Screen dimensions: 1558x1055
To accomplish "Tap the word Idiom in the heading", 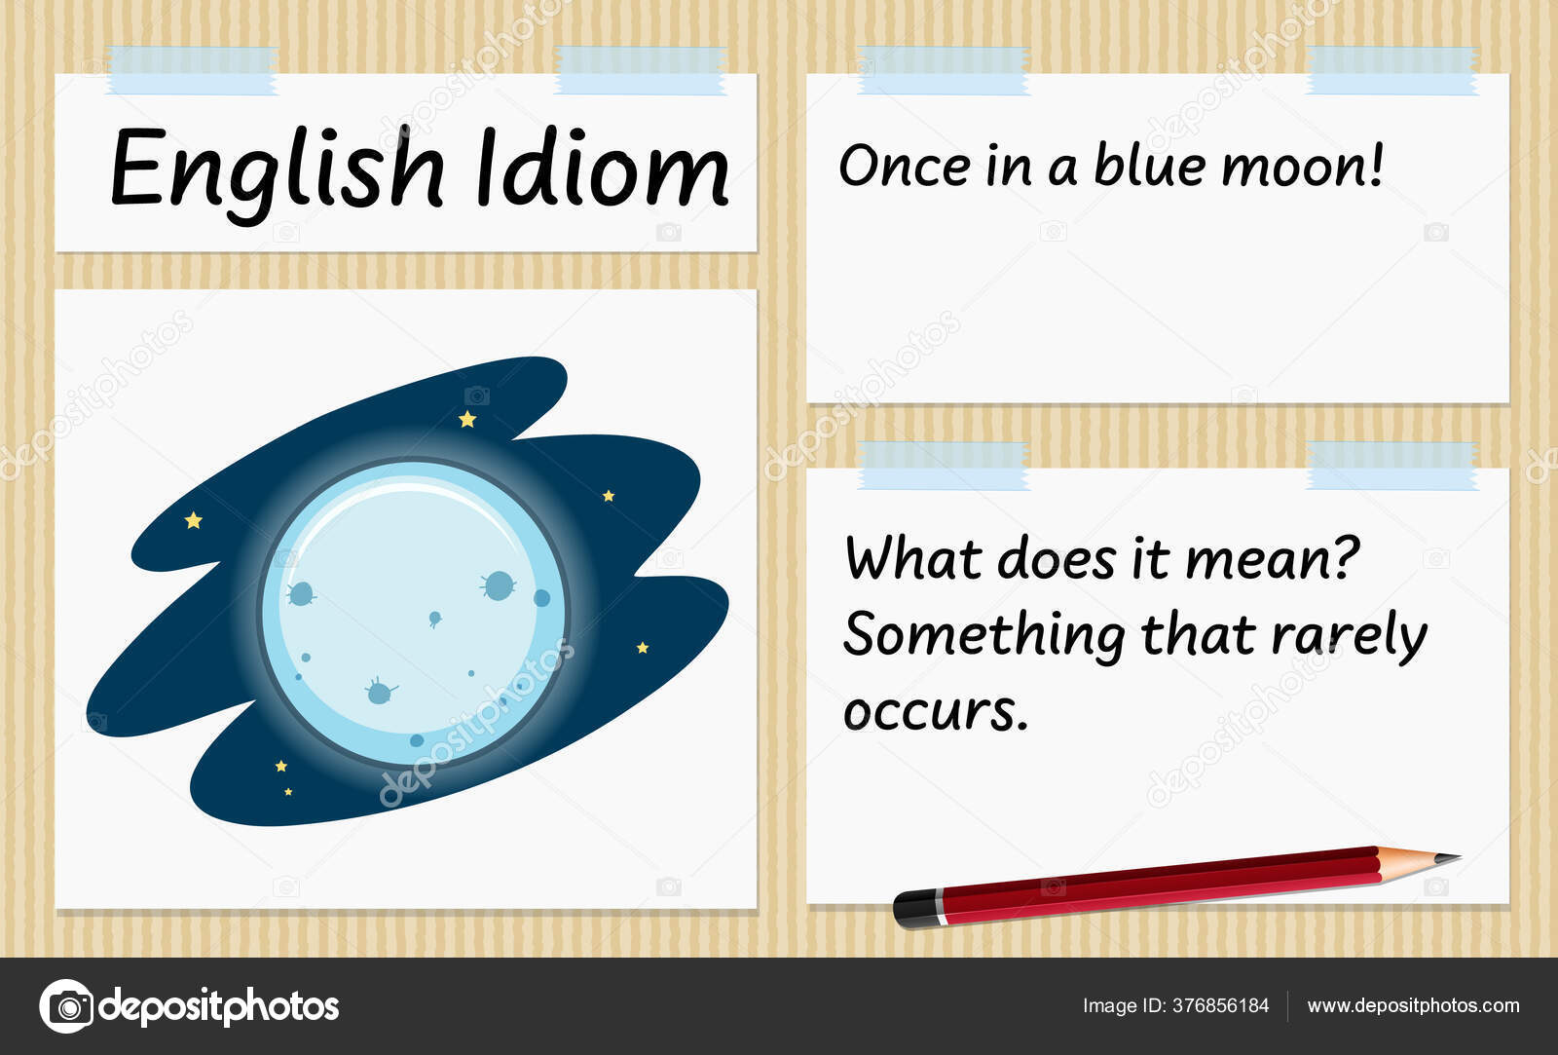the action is (x=603, y=167).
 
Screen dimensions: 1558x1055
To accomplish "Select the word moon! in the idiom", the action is (x=1302, y=167).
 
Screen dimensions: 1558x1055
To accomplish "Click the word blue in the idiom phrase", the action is (x=1150, y=165).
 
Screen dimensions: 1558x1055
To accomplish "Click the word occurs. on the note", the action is (x=936, y=712).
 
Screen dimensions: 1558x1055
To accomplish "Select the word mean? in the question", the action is (x=1272, y=559).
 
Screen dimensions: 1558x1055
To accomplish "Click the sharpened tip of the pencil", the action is (x=1460, y=857).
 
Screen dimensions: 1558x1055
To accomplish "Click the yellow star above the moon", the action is (x=467, y=419).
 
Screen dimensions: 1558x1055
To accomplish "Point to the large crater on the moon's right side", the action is (x=499, y=585).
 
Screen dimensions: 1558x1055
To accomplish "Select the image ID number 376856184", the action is (x=1221, y=1005).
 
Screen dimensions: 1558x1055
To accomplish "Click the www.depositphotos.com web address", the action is (x=1413, y=1005).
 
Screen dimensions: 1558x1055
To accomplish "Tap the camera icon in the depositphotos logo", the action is (x=67, y=1006).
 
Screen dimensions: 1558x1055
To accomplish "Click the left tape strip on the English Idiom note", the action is (x=192, y=70).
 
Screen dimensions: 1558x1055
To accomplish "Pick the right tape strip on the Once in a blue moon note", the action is (x=1391, y=70).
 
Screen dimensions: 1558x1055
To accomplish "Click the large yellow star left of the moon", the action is (x=194, y=520).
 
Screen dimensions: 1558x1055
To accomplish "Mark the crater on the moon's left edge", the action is (x=301, y=593).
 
